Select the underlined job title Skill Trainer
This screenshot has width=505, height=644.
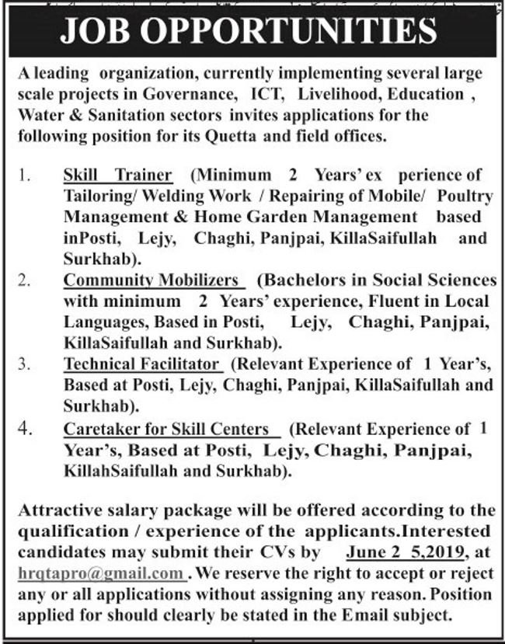click(118, 174)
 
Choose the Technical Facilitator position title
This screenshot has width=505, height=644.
click(143, 364)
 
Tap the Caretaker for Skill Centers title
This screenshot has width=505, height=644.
click(165, 428)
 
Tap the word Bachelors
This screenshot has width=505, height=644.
click(303, 280)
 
